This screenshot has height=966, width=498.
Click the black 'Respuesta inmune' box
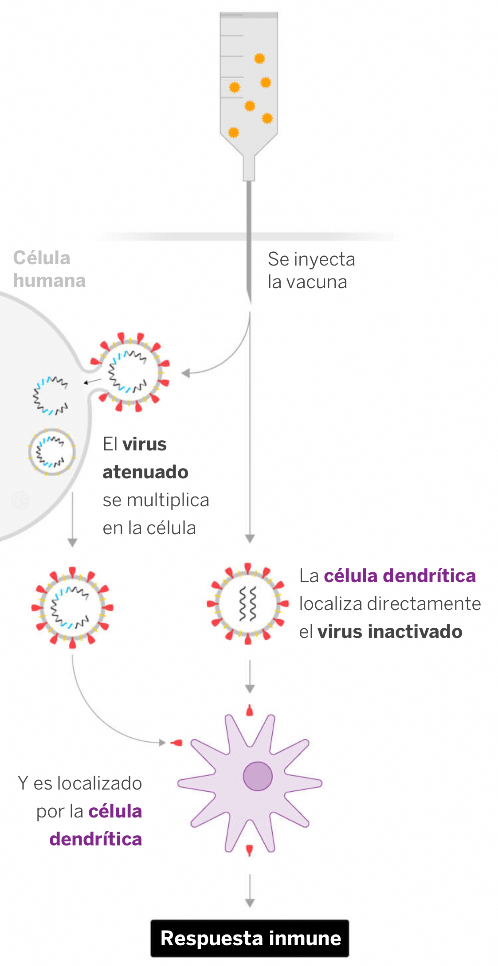250,938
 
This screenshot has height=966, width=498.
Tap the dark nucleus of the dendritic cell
257,776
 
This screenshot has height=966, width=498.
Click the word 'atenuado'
145,472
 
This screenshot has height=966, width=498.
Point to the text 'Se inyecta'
311,259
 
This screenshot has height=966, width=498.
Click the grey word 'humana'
49,281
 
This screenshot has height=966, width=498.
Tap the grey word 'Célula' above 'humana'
42,258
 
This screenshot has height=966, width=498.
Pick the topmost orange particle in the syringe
259,59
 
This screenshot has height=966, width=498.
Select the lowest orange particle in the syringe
233,132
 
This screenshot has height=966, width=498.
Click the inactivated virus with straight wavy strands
247,604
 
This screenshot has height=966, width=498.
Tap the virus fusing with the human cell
129,372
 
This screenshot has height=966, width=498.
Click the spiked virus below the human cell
72,607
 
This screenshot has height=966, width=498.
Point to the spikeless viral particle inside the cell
52,452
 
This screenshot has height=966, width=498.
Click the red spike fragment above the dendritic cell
250,711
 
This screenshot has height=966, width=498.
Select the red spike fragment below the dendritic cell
249,849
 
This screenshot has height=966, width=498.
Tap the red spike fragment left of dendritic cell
177,743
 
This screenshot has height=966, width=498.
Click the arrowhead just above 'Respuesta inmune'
250,903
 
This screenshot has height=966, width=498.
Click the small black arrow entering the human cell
92,381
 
